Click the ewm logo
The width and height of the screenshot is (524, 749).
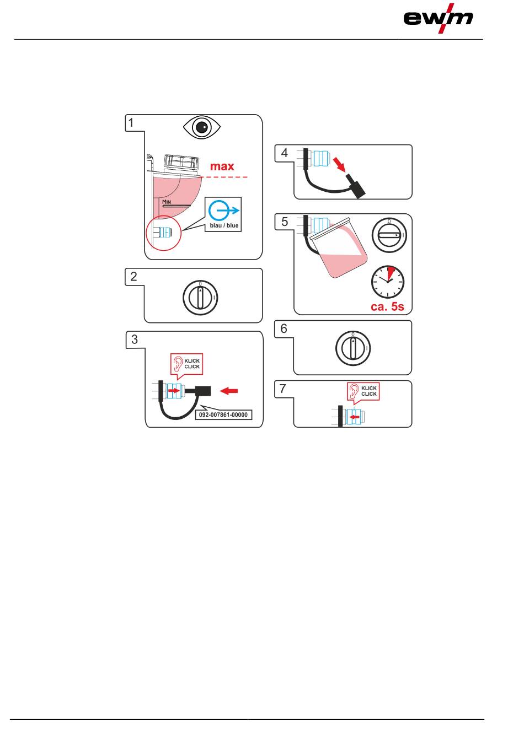[438, 18]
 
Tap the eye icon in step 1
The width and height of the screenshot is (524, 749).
[202, 127]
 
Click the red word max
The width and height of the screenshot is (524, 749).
[222, 166]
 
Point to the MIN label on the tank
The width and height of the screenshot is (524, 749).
[167, 202]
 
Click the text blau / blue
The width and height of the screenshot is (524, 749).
[224, 225]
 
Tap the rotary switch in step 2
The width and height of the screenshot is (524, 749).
[200, 298]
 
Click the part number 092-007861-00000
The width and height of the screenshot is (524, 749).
[223, 414]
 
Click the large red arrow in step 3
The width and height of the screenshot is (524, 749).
[229, 391]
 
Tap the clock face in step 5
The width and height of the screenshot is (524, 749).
[387, 282]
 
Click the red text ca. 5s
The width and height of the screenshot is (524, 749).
[387, 306]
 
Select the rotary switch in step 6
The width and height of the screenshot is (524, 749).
[353, 348]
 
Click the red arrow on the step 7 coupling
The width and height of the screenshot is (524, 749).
[354, 417]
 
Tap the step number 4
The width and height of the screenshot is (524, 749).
[284, 153]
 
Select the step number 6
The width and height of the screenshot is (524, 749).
[284, 328]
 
